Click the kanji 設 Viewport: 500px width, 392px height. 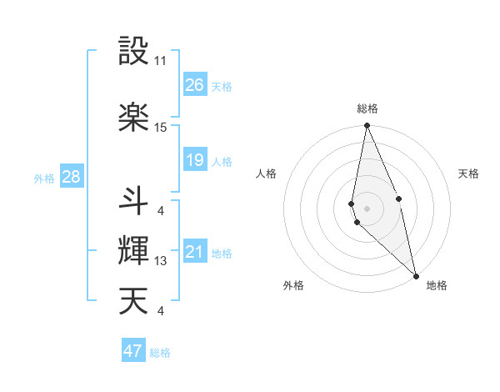tap(134, 51)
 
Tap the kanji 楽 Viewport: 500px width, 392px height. tap(134, 117)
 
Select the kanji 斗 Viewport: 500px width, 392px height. tap(134, 199)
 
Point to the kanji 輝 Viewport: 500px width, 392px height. tap(134, 250)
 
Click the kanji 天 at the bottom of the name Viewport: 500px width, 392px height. tap(134, 301)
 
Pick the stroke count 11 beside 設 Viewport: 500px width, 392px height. tap(161, 61)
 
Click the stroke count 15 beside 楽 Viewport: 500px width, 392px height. tap(161, 128)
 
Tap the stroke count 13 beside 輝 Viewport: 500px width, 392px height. tap(161, 261)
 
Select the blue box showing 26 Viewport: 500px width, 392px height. tap(195, 85)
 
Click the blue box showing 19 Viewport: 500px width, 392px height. tap(195, 160)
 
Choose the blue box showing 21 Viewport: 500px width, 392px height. tap(195, 252)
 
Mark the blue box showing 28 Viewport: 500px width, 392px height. tap(71, 177)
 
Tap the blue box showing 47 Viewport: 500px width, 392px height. tap(133, 351)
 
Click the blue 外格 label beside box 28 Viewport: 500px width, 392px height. tap(44, 178)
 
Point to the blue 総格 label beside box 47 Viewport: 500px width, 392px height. tap(160, 353)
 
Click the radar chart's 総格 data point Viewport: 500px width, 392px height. tap(367, 126)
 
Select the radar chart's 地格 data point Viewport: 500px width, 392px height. tap(416, 275)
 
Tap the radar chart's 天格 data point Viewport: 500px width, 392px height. tap(399, 199)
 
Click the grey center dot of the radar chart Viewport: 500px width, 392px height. tap(367, 208)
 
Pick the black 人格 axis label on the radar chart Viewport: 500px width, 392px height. tap(267, 173)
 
